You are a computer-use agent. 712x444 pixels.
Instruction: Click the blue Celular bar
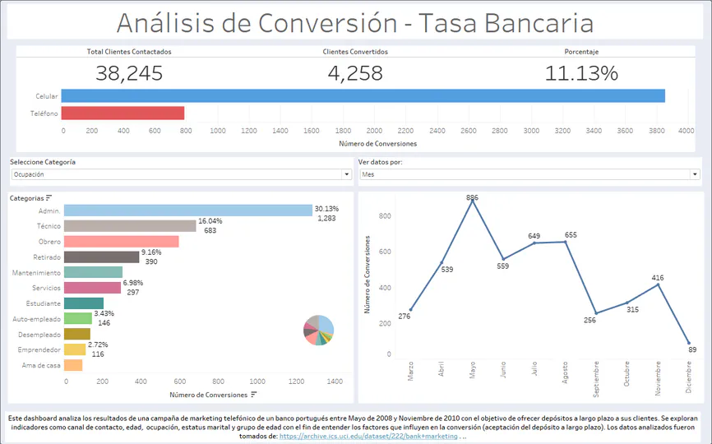click(362, 96)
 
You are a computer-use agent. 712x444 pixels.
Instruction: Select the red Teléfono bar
click(123, 113)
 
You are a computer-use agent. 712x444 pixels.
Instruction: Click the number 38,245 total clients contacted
click(129, 73)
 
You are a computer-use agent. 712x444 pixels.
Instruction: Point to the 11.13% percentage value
click(581, 73)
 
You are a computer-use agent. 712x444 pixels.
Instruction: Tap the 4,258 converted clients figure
click(355, 73)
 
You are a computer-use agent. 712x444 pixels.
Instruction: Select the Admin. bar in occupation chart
click(187, 210)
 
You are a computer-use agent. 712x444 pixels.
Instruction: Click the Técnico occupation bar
click(130, 225)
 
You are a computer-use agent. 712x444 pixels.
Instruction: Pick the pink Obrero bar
click(121, 241)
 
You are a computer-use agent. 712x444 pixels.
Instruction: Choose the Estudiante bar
click(83, 303)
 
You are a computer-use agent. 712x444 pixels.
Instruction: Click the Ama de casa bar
click(73, 365)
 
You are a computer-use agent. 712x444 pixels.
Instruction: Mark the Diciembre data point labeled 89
click(689, 343)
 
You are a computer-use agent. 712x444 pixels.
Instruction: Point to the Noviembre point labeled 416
click(659, 284)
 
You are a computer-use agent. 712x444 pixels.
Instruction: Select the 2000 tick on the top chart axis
click(374, 130)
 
